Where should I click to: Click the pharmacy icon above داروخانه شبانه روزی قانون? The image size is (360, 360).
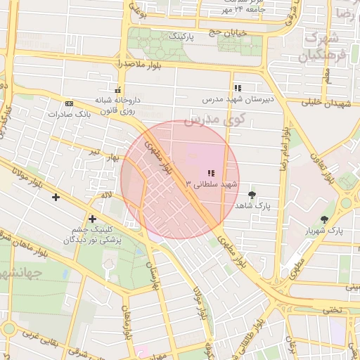click(x=117, y=91)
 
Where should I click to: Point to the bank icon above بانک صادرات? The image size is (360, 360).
click(x=68, y=103)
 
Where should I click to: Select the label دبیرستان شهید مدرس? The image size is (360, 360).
click(x=242, y=99)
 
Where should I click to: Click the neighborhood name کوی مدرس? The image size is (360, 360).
click(x=214, y=120)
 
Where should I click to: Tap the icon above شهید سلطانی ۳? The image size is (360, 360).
click(x=210, y=172)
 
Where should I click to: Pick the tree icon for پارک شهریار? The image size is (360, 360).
click(x=324, y=219)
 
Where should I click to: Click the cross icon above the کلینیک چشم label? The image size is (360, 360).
click(x=92, y=219)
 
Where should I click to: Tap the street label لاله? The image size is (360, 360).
click(x=105, y=194)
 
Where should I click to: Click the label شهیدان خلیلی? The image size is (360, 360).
click(x=326, y=103)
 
